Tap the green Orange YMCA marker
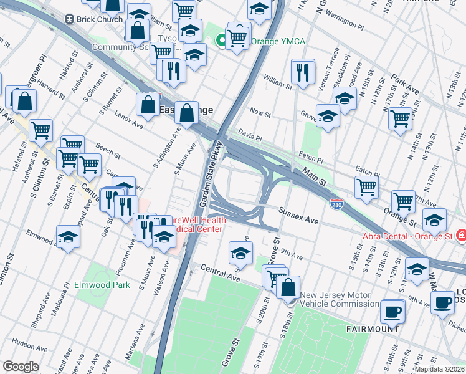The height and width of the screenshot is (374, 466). tap(221, 42)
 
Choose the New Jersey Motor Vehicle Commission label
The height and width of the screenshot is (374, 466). tap(340, 300)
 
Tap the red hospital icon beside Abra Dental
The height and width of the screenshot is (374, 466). tap(461, 236)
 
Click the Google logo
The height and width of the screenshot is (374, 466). tap(21, 367)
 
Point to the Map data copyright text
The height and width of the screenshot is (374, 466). tap(440, 369)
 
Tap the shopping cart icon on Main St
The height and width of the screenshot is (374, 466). tap(367, 186)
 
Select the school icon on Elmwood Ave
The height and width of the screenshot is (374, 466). tap(69, 237)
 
